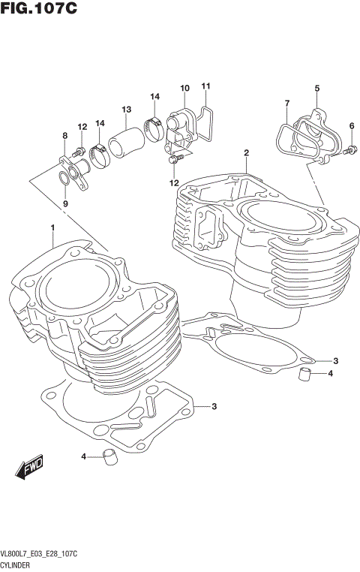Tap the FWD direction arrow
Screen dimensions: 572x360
[x=30, y=467]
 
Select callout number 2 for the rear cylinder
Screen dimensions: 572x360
[x=246, y=153]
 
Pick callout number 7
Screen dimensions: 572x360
[x=286, y=102]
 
